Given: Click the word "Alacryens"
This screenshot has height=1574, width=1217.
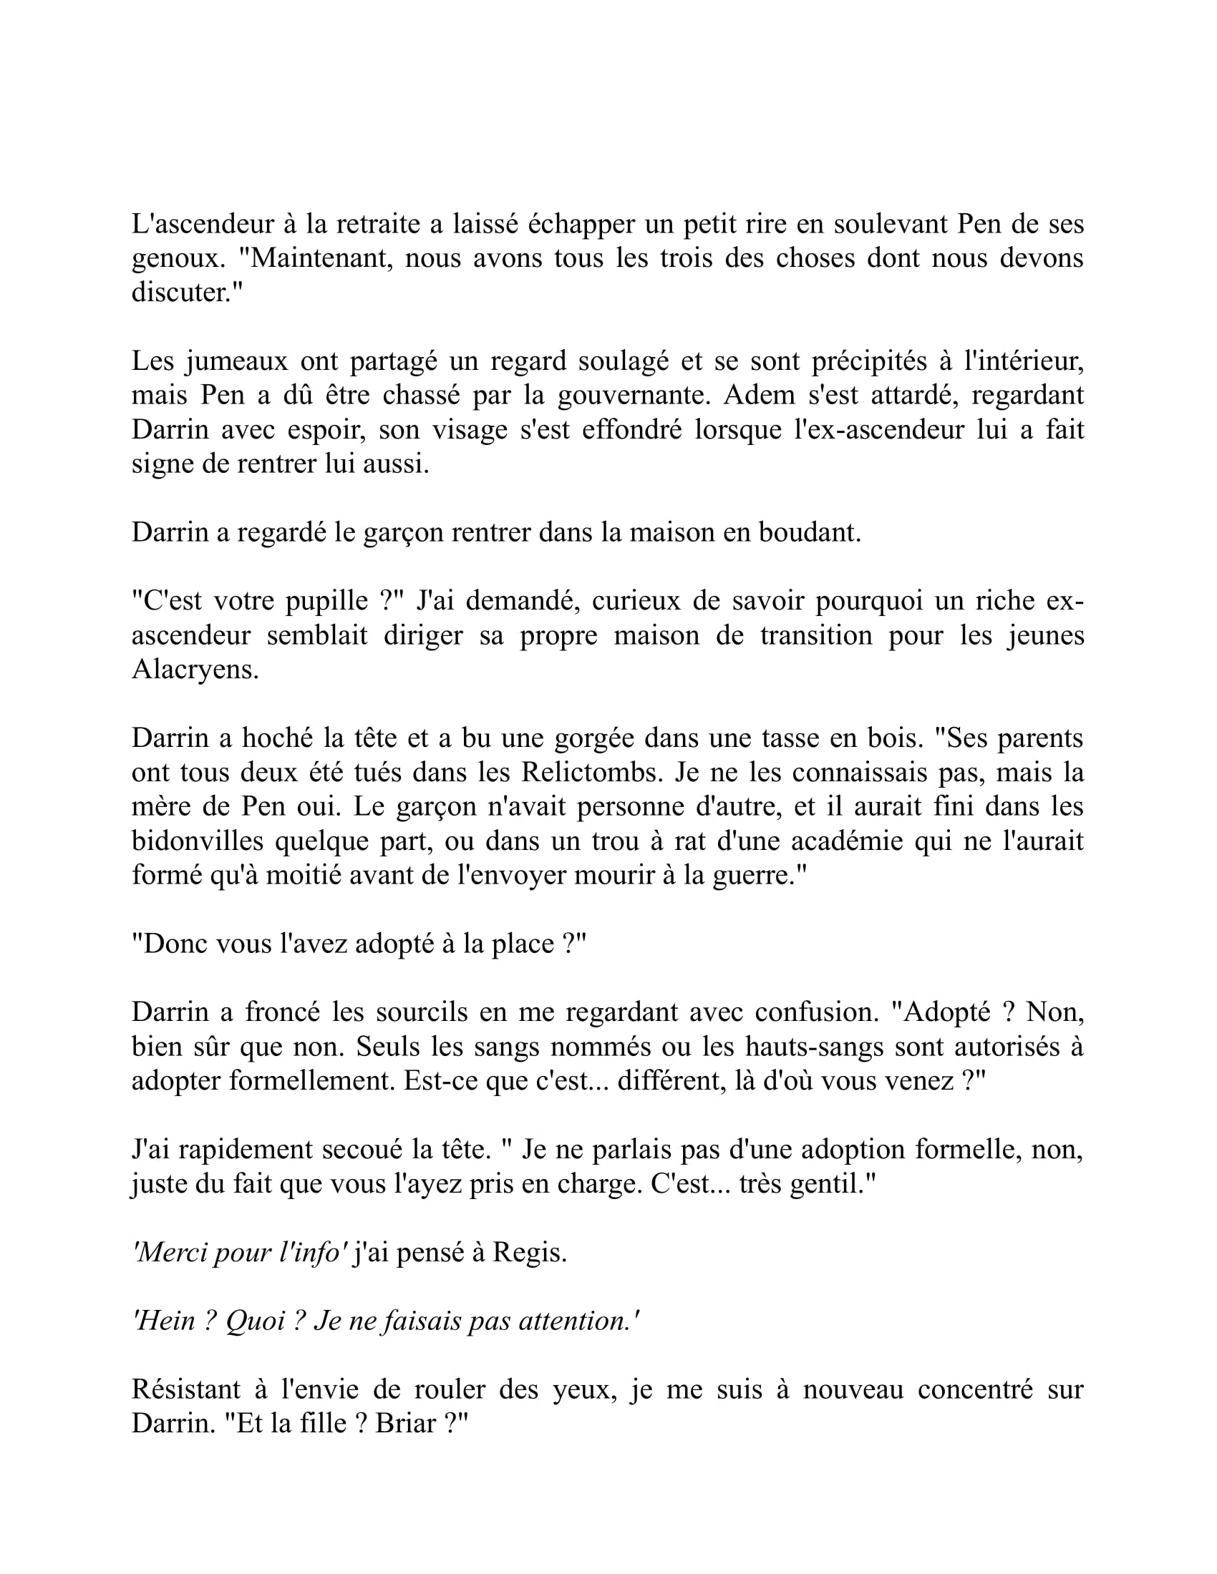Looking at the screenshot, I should [x=195, y=670].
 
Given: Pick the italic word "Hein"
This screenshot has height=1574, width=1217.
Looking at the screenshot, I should [x=165, y=1321].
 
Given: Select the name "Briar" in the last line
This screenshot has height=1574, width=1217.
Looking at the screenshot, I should [x=406, y=1424].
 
